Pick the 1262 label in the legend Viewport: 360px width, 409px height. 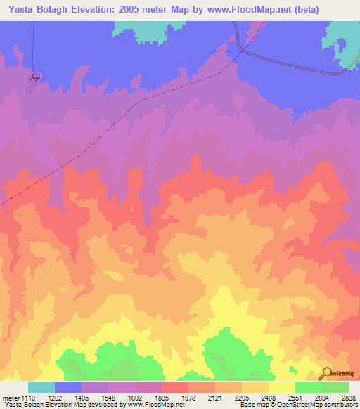point(55,396)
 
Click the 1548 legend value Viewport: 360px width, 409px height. point(108,396)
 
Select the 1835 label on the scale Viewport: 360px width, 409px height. point(161,396)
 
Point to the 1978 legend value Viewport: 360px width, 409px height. point(188,396)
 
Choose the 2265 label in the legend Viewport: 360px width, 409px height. point(241,396)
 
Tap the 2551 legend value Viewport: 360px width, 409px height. point(295,396)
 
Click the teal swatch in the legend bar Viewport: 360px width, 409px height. point(41,387)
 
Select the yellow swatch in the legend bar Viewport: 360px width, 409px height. point(281,387)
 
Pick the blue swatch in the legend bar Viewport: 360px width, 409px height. point(68,387)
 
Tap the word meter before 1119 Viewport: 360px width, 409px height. point(10,396)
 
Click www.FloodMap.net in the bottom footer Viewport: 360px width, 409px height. point(141,405)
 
